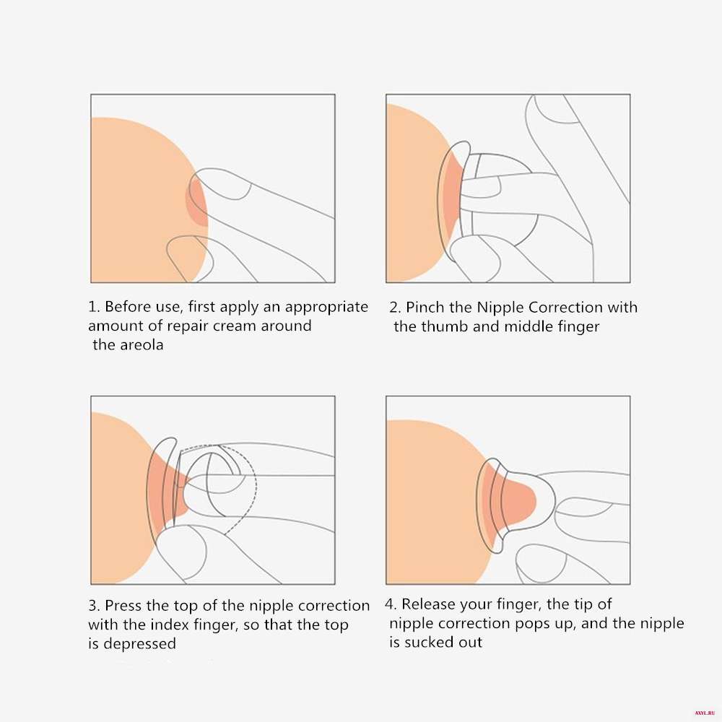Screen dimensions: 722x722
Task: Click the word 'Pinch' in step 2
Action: point(422,307)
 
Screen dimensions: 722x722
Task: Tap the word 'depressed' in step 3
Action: point(139,644)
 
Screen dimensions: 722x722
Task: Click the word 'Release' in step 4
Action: point(427,604)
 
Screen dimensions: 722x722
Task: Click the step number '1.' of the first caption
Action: point(94,307)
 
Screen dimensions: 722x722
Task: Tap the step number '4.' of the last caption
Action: point(391,604)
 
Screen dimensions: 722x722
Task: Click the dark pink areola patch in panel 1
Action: point(197,201)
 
